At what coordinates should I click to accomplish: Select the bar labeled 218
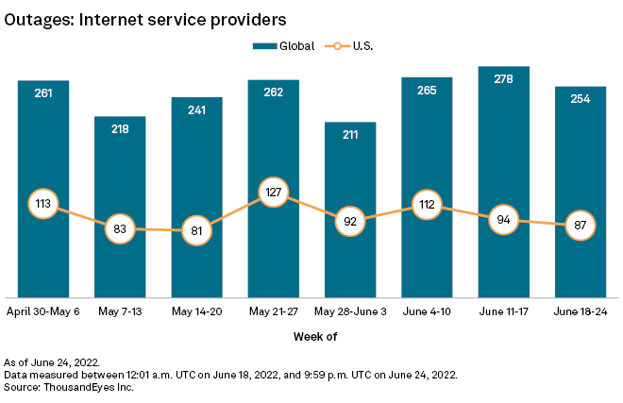[x=120, y=207]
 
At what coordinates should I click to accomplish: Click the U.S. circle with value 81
[x=196, y=229]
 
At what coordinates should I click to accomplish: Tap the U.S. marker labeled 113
[x=43, y=203]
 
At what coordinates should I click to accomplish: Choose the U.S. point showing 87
[x=581, y=227]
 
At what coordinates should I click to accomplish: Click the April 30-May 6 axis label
[x=43, y=310]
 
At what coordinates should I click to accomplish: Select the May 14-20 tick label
[x=196, y=310]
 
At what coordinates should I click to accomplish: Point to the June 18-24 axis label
[x=581, y=310]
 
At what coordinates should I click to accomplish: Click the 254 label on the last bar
[x=581, y=99]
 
